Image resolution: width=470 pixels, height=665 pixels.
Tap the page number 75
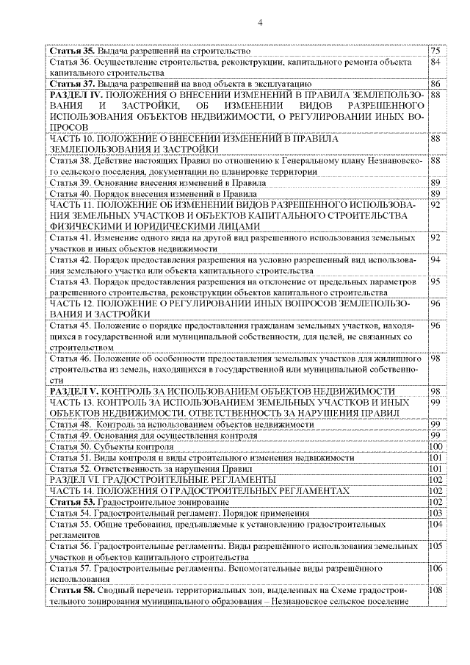pyautogui.click(x=435, y=51)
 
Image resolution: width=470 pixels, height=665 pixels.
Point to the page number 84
pyautogui.click(x=435, y=63)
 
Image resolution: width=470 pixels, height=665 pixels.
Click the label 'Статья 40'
pyautogui.click(x=68, y=193)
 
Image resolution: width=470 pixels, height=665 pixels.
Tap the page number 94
pyautogui.click(x=435, y=260)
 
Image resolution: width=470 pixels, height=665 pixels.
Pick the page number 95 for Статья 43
pyautogui.click(x=435, y=281)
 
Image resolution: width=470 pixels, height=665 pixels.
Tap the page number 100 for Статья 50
pyautogui.click(x=435, y=446)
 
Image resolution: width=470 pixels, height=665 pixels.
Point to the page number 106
pyautogui.click(x=435, y=568)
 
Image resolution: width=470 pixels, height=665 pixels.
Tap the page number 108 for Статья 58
pyautogui.click(x=435, y=590)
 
